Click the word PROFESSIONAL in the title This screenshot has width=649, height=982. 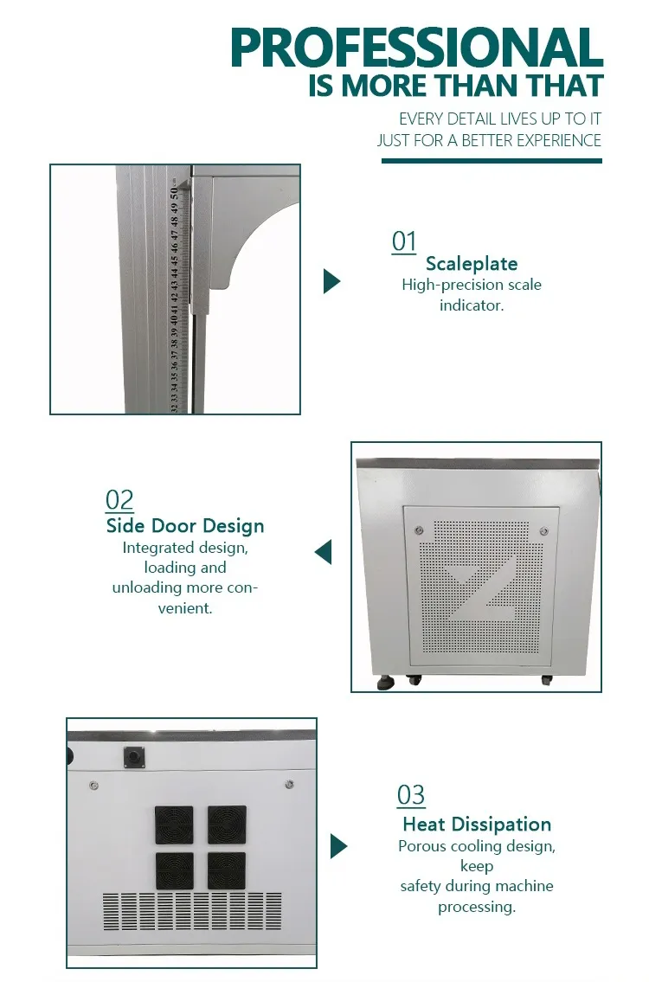coord(416,48)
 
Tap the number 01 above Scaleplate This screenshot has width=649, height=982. coord(404,241)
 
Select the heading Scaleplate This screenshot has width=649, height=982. coord(472,264)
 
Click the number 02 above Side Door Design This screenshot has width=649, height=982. coord(119,500)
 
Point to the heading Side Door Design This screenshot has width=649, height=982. coord(185,525)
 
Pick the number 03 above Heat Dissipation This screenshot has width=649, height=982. coord(411,795)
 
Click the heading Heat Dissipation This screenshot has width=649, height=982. coord(477,825)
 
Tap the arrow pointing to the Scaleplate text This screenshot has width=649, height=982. coord(331,281)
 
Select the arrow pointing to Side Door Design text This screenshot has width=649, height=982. coord(324,552)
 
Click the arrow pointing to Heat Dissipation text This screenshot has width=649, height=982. coord(338,846)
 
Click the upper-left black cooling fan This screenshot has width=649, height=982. coord(174,825)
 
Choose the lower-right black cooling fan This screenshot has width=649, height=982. coord(227,870)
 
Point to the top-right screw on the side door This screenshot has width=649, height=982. coord(543,531)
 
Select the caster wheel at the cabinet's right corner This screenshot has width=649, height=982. coord(546,679)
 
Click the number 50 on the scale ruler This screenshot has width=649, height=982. coord(174,194)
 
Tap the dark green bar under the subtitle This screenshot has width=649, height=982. coord(492,161)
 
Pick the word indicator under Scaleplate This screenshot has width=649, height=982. coord(472,305)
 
